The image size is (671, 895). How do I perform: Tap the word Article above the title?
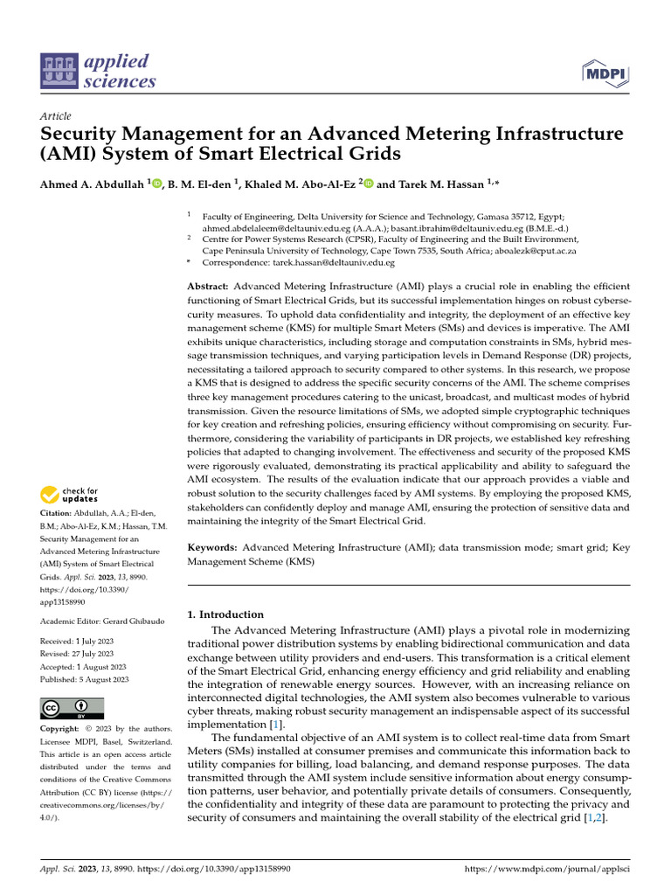point(55,116)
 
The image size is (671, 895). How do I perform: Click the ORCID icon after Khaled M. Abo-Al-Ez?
point(369,183)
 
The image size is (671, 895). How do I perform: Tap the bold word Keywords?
point(213,547)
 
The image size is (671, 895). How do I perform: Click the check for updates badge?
point(69,496)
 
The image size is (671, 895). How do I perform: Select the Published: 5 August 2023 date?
point(85,679)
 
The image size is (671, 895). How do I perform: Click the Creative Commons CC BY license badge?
point(72,708)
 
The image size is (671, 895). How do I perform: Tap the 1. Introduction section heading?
point(226,614)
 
